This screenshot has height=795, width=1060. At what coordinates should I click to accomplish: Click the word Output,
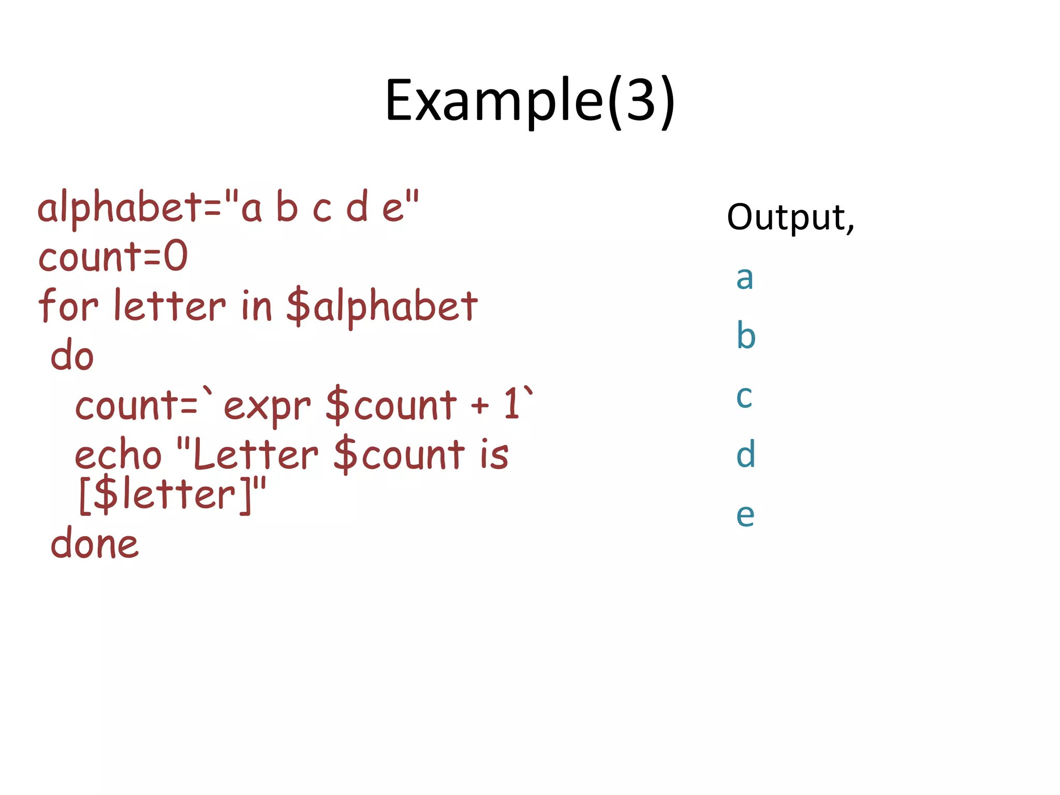coord(790,217)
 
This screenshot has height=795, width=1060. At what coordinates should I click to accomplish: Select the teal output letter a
coord(744,278)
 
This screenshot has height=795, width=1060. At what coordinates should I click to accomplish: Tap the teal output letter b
coord(746,335)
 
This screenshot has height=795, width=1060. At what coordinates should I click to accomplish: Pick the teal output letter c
coord(744,396)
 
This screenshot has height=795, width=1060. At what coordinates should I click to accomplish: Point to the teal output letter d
coord(746,454)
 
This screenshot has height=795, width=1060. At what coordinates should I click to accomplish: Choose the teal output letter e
coord(745,514)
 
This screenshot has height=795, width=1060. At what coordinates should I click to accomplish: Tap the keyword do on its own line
coord(72,356)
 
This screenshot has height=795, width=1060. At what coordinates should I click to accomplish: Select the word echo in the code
coord(118,455)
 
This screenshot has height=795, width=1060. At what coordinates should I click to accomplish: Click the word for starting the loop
coord(68,305)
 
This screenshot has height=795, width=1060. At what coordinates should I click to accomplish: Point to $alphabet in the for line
coord(381,306)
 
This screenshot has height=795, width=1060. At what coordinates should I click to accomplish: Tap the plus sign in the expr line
coord(480,405)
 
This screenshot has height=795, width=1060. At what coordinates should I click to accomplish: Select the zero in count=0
coord(176,256)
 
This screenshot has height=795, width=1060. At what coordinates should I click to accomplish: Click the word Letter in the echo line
coord(255,455)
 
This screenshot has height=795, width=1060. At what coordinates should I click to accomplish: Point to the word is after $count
coord(494,455)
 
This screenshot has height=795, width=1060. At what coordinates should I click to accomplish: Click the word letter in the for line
coord(170,305)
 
